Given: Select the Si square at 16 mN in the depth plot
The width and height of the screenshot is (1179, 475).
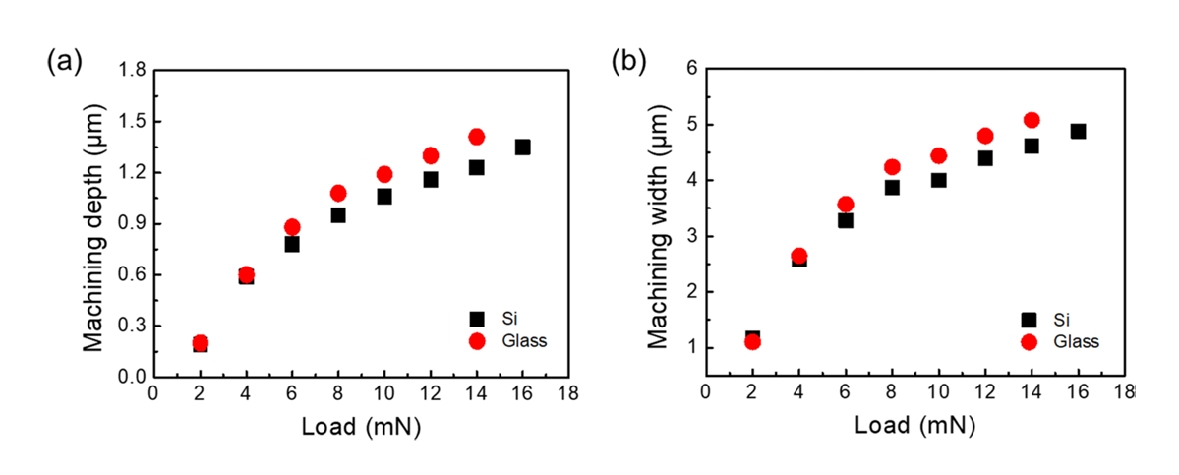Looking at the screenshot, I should (x=522, y=148).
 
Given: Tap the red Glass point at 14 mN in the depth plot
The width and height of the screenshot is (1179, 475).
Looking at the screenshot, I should (x=477, y=137).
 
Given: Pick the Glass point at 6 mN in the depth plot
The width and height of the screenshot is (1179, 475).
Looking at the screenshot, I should (x=292, y=227).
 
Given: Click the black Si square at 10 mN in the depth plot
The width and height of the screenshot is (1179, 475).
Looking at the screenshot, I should (x=384, y=197).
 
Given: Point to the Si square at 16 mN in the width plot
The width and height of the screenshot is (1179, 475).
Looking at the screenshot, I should (x=1078, y=132).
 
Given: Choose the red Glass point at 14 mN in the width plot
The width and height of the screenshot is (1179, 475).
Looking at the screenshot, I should (x=1032, y=120).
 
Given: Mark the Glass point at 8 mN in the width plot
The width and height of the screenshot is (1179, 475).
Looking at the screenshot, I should (x=892, y=167).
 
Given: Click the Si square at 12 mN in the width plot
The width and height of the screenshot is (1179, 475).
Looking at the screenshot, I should (x=985, y=158).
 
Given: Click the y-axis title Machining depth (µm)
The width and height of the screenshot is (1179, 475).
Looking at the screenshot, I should (x=94, y=223).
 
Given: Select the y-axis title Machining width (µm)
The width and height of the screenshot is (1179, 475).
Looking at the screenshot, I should (x=656, y=223).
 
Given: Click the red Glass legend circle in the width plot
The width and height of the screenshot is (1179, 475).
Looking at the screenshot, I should (x=1030, y=341).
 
